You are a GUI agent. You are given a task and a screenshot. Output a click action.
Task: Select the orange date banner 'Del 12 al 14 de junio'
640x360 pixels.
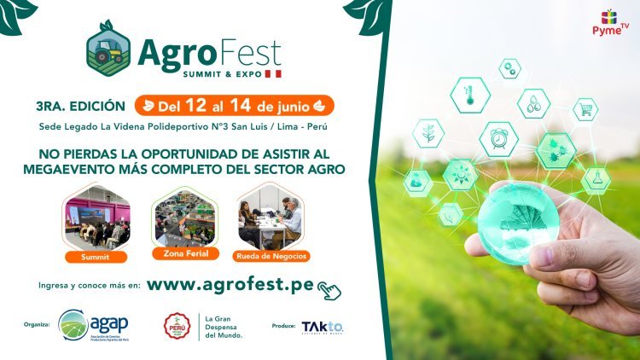[233, 106]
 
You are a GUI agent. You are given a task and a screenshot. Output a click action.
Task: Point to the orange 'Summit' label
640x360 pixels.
[96, 255]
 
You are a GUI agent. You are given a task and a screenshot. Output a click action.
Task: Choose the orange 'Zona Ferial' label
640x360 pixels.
[181, 253]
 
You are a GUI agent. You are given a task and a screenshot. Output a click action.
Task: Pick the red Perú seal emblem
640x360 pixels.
[177, 326]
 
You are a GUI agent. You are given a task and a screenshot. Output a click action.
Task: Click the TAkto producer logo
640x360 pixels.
[323, 327]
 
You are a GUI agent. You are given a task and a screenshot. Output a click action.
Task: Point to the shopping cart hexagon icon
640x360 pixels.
[585, 108]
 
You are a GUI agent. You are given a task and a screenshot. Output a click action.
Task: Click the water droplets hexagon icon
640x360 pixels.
[534, 104]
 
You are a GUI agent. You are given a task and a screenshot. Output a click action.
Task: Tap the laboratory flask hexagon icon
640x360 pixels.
[596, 181]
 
